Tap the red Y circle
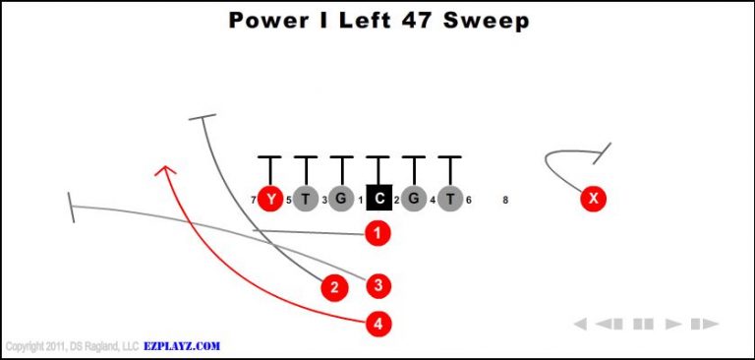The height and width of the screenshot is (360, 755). pyautogui.click(x=269, y=199)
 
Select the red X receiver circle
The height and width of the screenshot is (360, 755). pyautogui.click(x=593, y=199)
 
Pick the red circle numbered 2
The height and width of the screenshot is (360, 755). pyautogui.click(x=335, y=287)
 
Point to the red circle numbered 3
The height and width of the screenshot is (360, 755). pyautogui.click(x=378, y=286)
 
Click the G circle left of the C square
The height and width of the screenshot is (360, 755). pyautogui.click(x=341, y=199)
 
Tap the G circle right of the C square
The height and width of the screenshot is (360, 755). pyautogui.click(x=414, y=199)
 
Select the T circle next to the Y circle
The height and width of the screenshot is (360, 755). pyautogui.click(x=305, y=199)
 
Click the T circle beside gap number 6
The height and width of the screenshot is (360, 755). pyautogui.click(x=449, y=199)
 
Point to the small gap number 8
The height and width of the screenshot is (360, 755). pyautogui.click(x=505, y=200)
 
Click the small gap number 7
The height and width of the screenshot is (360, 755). pyautogui.click(x=253, y=201)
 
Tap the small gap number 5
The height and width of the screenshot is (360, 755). pyautogui.click(x=288, y=201)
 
